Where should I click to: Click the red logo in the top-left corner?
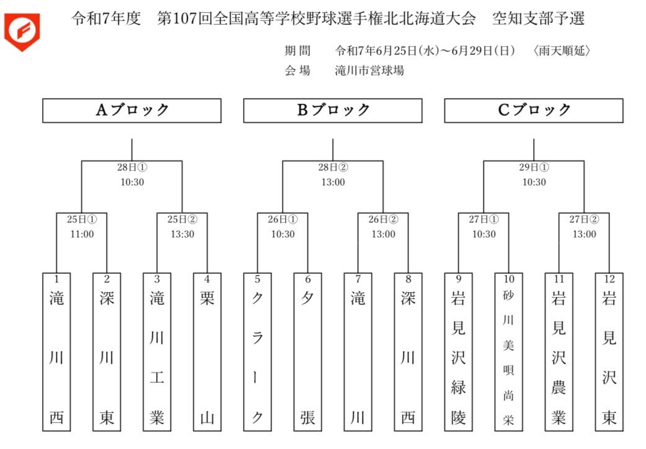pos(22,31)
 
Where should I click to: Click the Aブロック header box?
pos(132,110)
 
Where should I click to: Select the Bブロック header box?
pos(333,110)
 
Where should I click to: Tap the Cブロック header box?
pos(534,110)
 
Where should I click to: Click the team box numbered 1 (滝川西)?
pos(57,352)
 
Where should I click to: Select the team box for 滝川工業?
pos(157,352)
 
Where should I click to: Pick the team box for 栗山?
pos(207,352)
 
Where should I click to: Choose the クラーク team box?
pos(257,352)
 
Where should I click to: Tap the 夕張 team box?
pos(308,352)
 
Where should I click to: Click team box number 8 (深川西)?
pos(408,352)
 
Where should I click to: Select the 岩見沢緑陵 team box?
pos(458,352)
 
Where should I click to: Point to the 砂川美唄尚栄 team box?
pos(508,352)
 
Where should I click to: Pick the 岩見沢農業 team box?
pos(559,352)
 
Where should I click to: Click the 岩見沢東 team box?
pos(609,352)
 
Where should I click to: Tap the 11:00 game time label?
pos(82,234)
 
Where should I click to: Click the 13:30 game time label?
pos(182,234)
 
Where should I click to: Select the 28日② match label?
pos(333,167)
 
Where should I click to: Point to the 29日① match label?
pos(534,167)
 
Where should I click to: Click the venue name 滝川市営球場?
pos(369,71)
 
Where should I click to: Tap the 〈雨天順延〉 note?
pos(562,51)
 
